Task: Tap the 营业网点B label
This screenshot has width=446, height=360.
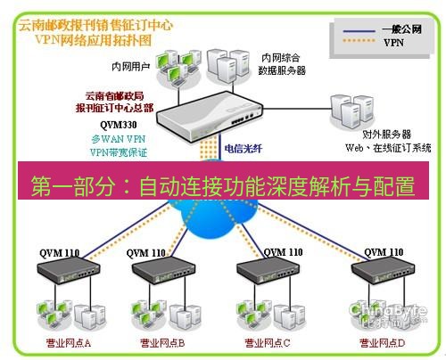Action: pyautogui.click(x=162, y=341)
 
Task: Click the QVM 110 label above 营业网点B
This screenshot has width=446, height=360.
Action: pyautogui.click(x=146, y=253)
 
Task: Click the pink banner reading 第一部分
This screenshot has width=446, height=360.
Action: pyautogui.click(x=223, y=187)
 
